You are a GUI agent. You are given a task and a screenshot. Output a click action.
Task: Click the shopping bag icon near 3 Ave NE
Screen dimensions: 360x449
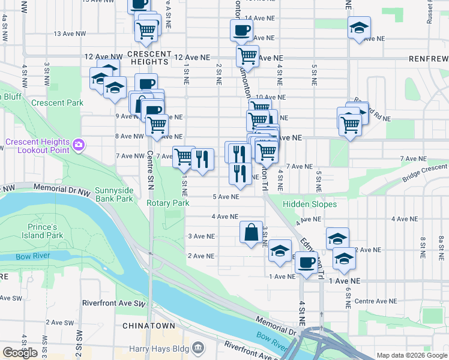click(251, 232)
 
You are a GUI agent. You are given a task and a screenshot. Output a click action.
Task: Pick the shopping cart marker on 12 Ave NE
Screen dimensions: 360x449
click(247, 56)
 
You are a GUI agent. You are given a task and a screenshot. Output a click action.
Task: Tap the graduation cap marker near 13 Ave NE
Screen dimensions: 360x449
click(359, 28)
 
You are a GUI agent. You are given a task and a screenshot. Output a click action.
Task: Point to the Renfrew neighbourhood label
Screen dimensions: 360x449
click(428, 59)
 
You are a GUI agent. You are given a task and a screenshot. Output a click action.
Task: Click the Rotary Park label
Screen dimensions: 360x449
click(168, 203)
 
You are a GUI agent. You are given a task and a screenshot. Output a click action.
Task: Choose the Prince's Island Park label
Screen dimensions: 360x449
click(45, 231)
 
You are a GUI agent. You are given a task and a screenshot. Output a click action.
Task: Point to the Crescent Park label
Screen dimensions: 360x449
click(58, 103)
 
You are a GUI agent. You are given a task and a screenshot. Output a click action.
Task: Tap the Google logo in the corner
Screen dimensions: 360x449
click(20, 353)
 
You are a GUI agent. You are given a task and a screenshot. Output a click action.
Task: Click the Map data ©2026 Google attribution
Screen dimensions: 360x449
click(411, 355)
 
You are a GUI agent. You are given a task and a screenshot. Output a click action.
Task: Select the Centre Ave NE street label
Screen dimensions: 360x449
click(375, 301)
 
